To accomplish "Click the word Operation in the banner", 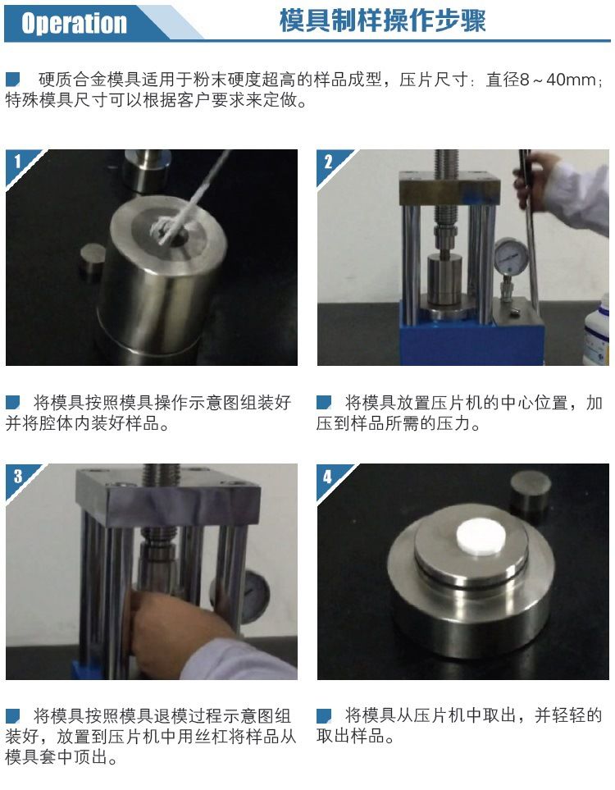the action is pyautogui.click(x=74, y=23).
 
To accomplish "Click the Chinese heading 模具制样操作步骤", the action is pyautogui.click(x=382, y=21).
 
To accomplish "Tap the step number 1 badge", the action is pyautogui.click(x=18, y=162).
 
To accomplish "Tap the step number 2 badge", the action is pyautogui.click(x=328, y=162).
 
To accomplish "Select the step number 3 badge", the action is pyautogui.click(x=18, y=476).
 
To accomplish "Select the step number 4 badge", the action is pyautogui.click(x=328, y=476).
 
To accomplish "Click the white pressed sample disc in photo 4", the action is pyautogui.click(x=481, y=536).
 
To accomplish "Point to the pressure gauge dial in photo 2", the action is pyautogui.click(x=511, y=255).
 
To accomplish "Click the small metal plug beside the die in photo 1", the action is pyautogui.click(x=93, y=261).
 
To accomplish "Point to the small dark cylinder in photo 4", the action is pyautogui.click(x=531, y=491).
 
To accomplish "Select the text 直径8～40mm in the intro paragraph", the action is pyautogui.click(x=541, y=80).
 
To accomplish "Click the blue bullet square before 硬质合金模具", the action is pyautogui.click(x=12, y=79).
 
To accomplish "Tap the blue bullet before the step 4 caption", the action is pyautogui.click(x=324, y=715).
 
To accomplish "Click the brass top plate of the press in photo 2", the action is pyautogui.click(x=450, y=187).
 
